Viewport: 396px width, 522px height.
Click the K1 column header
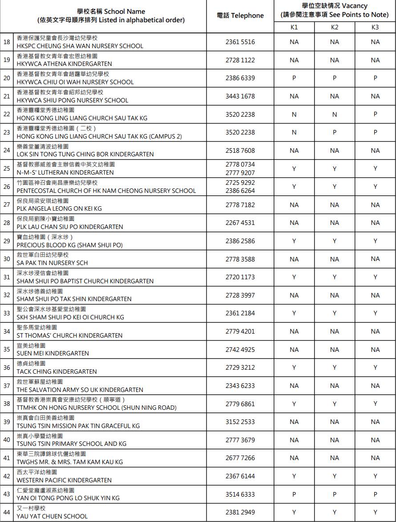294,28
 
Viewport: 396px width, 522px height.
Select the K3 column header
375,28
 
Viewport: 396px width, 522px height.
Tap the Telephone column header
240,16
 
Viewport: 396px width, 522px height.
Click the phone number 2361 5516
240,42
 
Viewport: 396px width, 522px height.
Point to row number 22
7,114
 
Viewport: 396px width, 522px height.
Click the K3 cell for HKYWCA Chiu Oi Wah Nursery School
375,78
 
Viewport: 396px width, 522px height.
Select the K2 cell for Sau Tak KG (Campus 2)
335,132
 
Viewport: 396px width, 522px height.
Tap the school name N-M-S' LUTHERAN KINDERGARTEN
65,172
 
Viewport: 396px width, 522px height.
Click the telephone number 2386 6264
240,191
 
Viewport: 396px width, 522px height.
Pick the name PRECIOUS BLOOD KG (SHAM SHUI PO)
69,245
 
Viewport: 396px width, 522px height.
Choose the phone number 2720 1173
240,277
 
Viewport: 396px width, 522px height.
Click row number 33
7,313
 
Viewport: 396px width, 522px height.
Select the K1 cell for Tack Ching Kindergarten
294,367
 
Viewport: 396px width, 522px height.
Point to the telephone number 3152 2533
240,422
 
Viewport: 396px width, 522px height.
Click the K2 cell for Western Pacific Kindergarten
335,476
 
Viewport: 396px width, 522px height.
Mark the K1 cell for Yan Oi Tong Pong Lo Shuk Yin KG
294,494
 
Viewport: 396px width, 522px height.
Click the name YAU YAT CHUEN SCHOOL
52,516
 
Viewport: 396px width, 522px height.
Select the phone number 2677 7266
240,458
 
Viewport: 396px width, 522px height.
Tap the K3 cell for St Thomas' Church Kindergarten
375,331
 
